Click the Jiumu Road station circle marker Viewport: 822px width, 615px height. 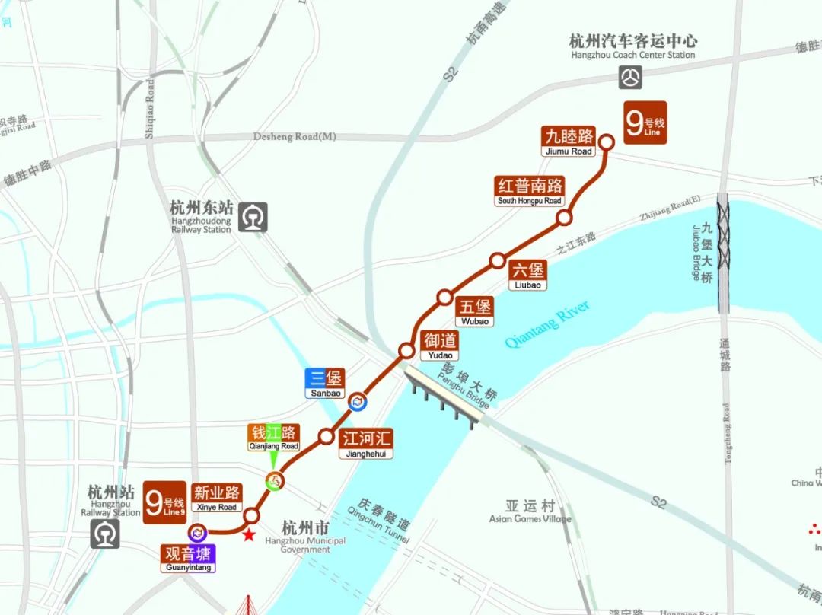tap(607, 142)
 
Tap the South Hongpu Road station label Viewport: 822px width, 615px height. tap(530, 191)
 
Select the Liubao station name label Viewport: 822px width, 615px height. tap(528, 276)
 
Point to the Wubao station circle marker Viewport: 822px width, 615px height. tap(444, 297)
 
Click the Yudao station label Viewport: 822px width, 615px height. tap(440, 346)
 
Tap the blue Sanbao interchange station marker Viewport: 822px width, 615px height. tap(355, 400)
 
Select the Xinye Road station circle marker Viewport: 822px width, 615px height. tap(251, 516)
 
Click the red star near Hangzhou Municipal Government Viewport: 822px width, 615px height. tap(248, 536)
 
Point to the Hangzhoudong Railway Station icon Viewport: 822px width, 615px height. tap(253, 218)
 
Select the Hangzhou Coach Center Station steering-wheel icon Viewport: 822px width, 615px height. tap(630, 77)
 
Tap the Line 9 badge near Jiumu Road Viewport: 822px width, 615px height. tap(645, 123)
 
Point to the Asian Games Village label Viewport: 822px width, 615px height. tap(530, 511)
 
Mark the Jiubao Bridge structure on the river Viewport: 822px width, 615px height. tap(723, 255)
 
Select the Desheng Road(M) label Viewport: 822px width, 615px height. tap(295, 137)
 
